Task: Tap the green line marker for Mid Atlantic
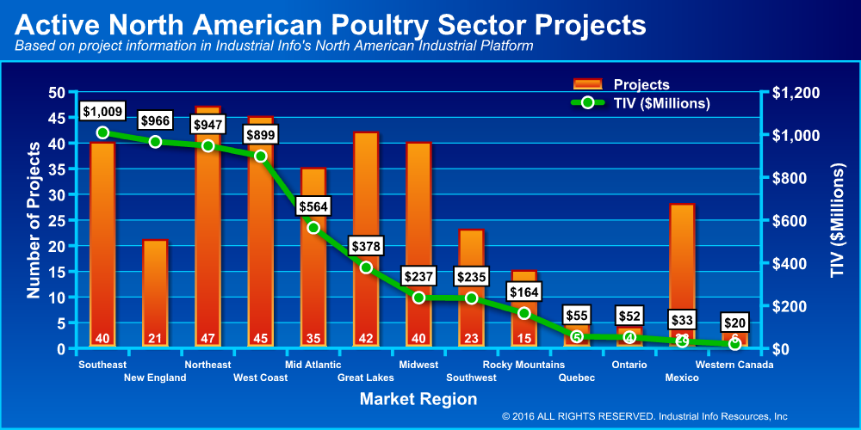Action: coord(313,228)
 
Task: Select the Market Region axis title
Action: coord(418,399)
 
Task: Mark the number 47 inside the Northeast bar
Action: coord(208,338)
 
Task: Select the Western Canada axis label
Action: coord(734,365)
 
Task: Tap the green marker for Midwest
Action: coord(418,298)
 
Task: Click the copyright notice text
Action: coord(644,416)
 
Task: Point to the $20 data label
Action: coord(734,322)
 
